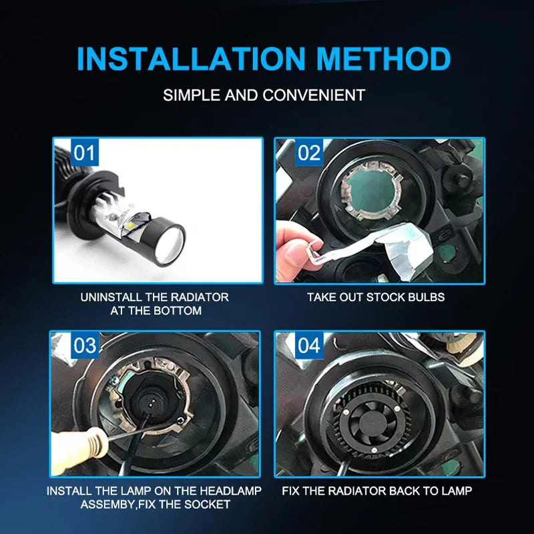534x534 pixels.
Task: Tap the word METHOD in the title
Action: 383,59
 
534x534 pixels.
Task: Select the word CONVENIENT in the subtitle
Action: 314,95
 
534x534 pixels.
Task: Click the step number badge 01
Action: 85,153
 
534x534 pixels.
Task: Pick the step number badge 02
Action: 309,153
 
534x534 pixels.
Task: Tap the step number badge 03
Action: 85,345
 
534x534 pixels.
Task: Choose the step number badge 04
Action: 309,345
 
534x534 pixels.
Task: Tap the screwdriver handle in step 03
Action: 81,447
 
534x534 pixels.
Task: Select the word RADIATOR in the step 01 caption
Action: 199,297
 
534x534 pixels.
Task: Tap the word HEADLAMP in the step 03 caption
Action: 230,491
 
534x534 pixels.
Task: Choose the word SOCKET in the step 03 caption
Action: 207,505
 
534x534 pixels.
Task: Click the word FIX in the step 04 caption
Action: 290,491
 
